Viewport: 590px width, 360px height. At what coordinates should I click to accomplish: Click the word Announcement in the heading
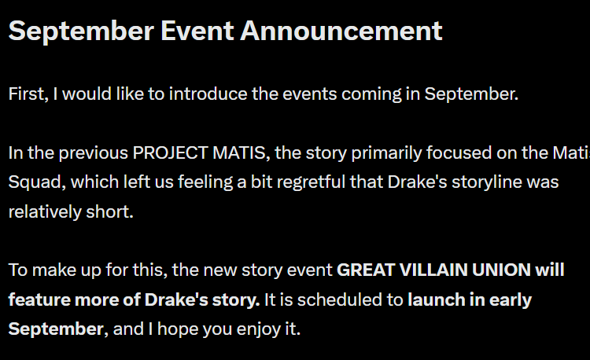(341, 31)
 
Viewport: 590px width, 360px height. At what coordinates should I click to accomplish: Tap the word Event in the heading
(197, 31)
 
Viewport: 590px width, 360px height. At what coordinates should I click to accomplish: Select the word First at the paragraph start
(28, 94)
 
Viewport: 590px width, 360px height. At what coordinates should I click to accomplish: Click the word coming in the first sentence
(371, 94)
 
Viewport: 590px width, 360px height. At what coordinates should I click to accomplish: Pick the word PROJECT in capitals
(171, 153)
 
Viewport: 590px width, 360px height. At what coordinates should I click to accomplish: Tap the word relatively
(45, 212)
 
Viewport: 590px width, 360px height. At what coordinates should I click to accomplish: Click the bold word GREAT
(365, 270)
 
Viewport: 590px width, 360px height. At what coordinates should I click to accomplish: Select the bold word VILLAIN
(433, 270)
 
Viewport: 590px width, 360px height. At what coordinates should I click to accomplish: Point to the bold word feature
(39, 300)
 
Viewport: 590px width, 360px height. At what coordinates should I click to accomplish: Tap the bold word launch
(436, 300)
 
